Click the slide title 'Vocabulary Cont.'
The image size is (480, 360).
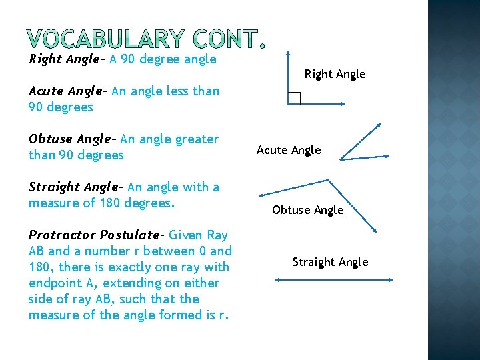click(147, 39)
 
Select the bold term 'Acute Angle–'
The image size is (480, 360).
click(68, 91)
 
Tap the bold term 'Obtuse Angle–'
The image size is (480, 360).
click(72, 139)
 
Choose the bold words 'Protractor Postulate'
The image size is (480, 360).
click(94, 235)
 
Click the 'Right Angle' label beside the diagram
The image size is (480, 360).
click(335, 74)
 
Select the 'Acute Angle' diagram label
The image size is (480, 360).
click(289, 151)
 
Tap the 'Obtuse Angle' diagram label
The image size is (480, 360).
click(307, 210)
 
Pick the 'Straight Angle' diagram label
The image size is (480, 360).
click(330, 262)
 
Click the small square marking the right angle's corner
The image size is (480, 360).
click(295, 99)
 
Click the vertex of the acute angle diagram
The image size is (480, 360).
click(341, 159)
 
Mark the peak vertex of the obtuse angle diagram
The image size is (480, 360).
click(329, 179)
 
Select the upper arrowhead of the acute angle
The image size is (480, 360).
click(379, 124)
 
